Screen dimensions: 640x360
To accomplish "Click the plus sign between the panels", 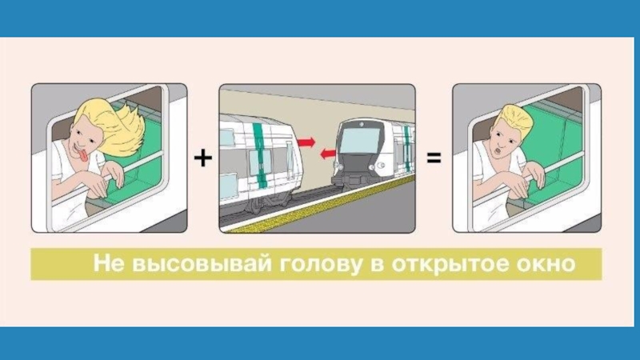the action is pyautogui.click(x=203, y=159).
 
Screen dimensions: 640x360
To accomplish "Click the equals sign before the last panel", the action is pyautogui.click(x=434, y=159).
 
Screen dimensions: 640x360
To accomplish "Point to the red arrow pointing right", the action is pyautogui.click(x=306, y=141).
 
